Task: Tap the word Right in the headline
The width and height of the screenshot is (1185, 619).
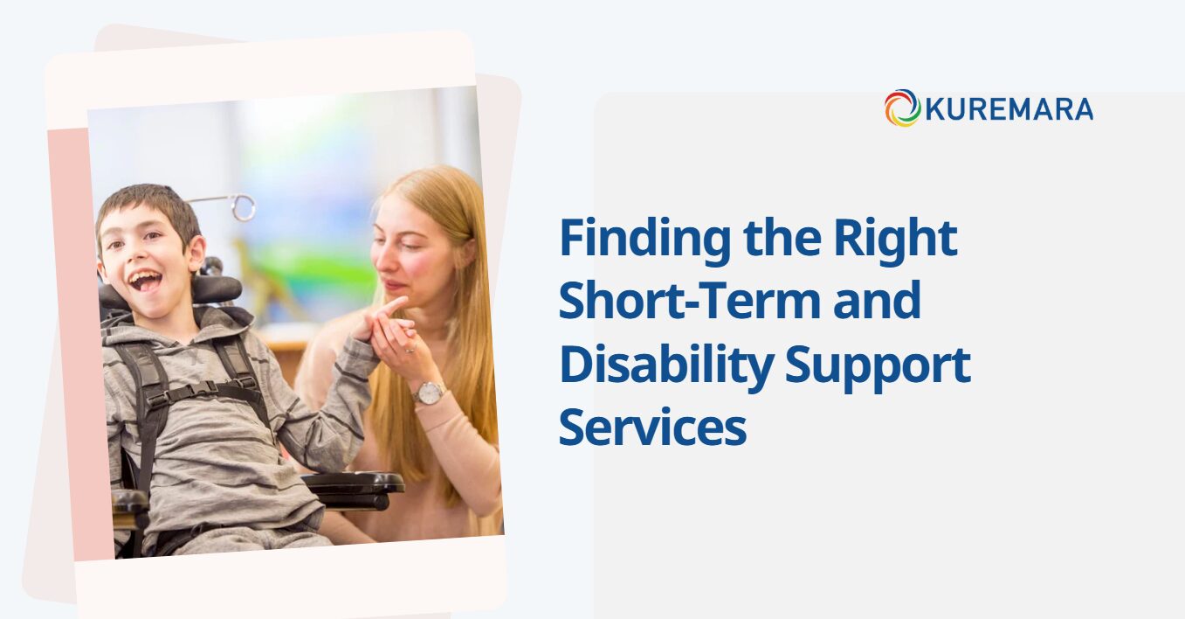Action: click(896, 240)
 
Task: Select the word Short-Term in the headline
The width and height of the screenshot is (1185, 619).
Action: click(689, 300)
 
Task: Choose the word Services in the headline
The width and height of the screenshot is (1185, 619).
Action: click(653, 428)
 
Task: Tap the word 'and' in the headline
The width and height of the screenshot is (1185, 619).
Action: click(877, 300)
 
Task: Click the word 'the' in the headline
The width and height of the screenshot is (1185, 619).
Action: click(782, 240)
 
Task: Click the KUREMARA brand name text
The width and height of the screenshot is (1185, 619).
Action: click(1009, 109)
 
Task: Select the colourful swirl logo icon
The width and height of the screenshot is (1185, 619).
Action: click(903, 108)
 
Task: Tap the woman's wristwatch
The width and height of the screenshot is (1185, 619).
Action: click(429, 393)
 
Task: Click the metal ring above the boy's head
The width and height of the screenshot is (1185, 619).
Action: click(244, 207)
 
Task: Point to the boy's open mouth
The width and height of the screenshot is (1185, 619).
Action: click(146, 280)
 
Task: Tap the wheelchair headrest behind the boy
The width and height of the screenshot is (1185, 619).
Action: click(217, 289)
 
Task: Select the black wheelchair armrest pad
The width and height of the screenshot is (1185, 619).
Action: click(354, 482)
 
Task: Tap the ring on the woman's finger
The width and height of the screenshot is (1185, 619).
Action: click(410, 350)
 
